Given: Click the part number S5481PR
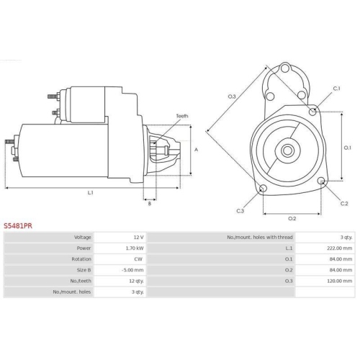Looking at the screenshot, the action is click(x=18, y=226).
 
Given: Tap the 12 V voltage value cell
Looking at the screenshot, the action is click(x=138, y=238).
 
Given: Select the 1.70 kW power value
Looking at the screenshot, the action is click(x=135, y=248).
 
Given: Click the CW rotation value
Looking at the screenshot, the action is click(x=138, y=259).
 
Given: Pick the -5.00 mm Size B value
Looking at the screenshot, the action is click(x=132, y=270).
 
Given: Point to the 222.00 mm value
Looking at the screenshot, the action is click(x=340, y=248).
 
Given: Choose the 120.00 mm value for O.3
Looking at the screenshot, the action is click(x=340, y=281).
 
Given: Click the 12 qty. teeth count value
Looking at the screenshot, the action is click(x=136, y=281).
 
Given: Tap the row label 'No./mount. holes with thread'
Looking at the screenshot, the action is click(x=260, y=238).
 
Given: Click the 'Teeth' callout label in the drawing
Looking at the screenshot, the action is click(x=182, y=116).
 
